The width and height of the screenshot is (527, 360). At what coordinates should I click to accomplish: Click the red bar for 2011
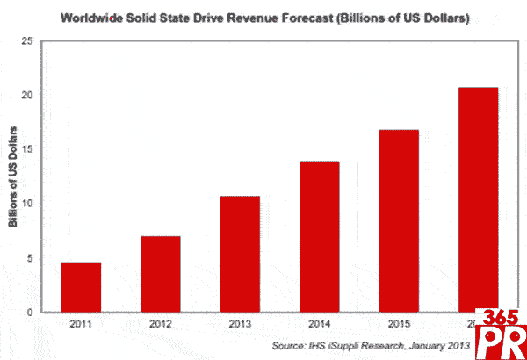click(x=81, y=287)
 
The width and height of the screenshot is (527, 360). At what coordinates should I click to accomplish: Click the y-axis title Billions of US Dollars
click(x=13, y=176)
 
